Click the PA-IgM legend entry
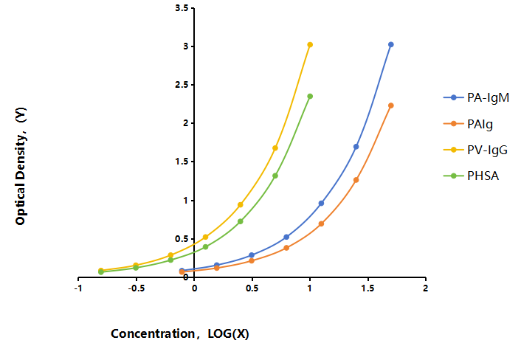tap(476, 97)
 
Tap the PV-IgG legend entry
tap(475, 150)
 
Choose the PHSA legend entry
tap(471, 176)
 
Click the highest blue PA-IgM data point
tap(391, 44)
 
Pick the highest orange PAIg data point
tap(391, 105)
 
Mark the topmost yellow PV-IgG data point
tap(310, 44)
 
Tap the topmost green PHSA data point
tap(310, 97)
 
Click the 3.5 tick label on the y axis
tap(182, 7)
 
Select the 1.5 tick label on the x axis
tap(368, 288)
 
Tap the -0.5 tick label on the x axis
tap(137, 288)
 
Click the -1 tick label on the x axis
tap(78, 288)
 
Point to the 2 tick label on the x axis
tap(426, 288)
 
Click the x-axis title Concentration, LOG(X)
tap(180, 333)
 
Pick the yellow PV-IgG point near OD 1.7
tap(275, 148)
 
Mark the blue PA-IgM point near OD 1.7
tap(356, 147)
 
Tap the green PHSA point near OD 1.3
tap(275, 176)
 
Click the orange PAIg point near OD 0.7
tap(321, 224)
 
